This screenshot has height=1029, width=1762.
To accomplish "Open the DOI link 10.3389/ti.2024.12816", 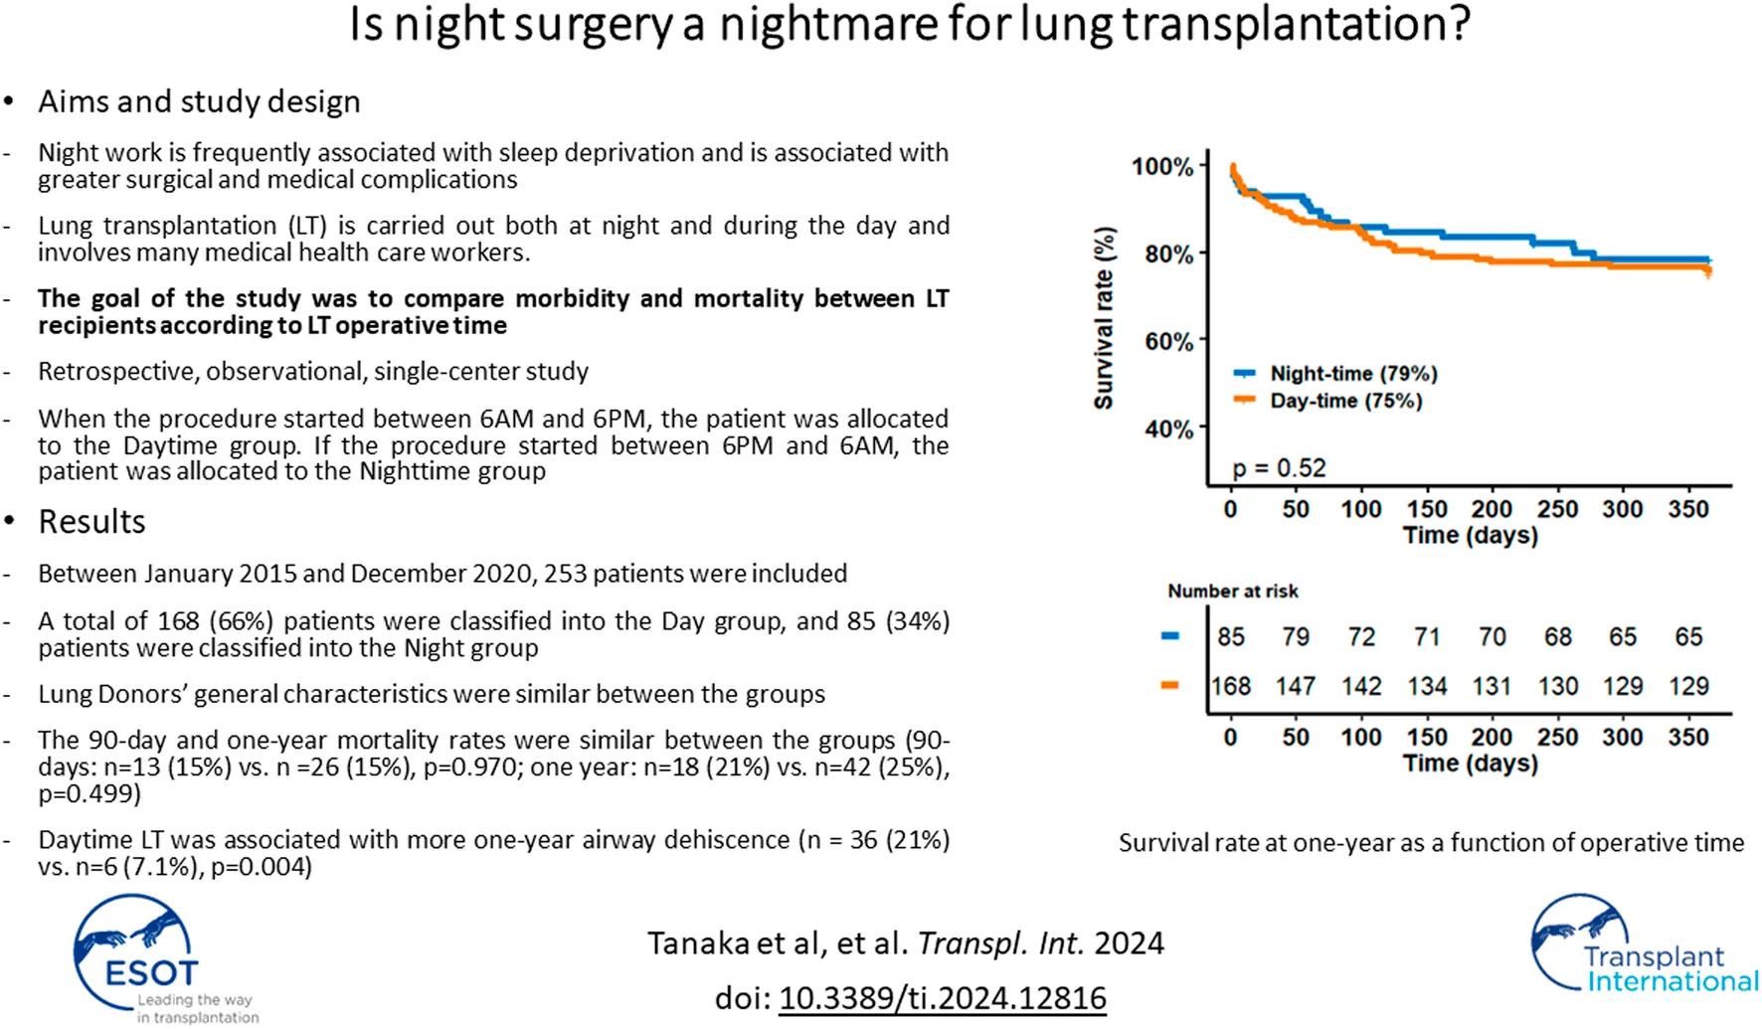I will [x=942, y=997].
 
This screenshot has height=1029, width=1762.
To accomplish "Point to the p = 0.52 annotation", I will [x=1279, y=467].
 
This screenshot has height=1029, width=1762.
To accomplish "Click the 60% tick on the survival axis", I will [x=1169, y=341].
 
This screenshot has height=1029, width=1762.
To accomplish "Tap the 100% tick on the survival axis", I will [x=1162, y=166].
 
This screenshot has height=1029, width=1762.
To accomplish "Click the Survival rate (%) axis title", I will [x=1104, y=318].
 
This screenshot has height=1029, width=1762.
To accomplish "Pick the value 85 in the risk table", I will [x=1231, y=636].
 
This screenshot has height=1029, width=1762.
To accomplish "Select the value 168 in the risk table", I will [x=1231, y=686].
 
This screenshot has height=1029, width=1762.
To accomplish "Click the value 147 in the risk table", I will [x=1296, y=686].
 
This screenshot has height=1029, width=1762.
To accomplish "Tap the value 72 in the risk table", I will [x=1361, y=636].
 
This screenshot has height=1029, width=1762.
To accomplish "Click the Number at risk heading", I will [x=1233, y=591].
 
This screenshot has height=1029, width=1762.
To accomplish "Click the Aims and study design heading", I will [x=199, y=101].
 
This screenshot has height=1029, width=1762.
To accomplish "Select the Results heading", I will [x=91, y=522].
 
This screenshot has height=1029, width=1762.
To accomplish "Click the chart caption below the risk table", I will [x=1431, y=843].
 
